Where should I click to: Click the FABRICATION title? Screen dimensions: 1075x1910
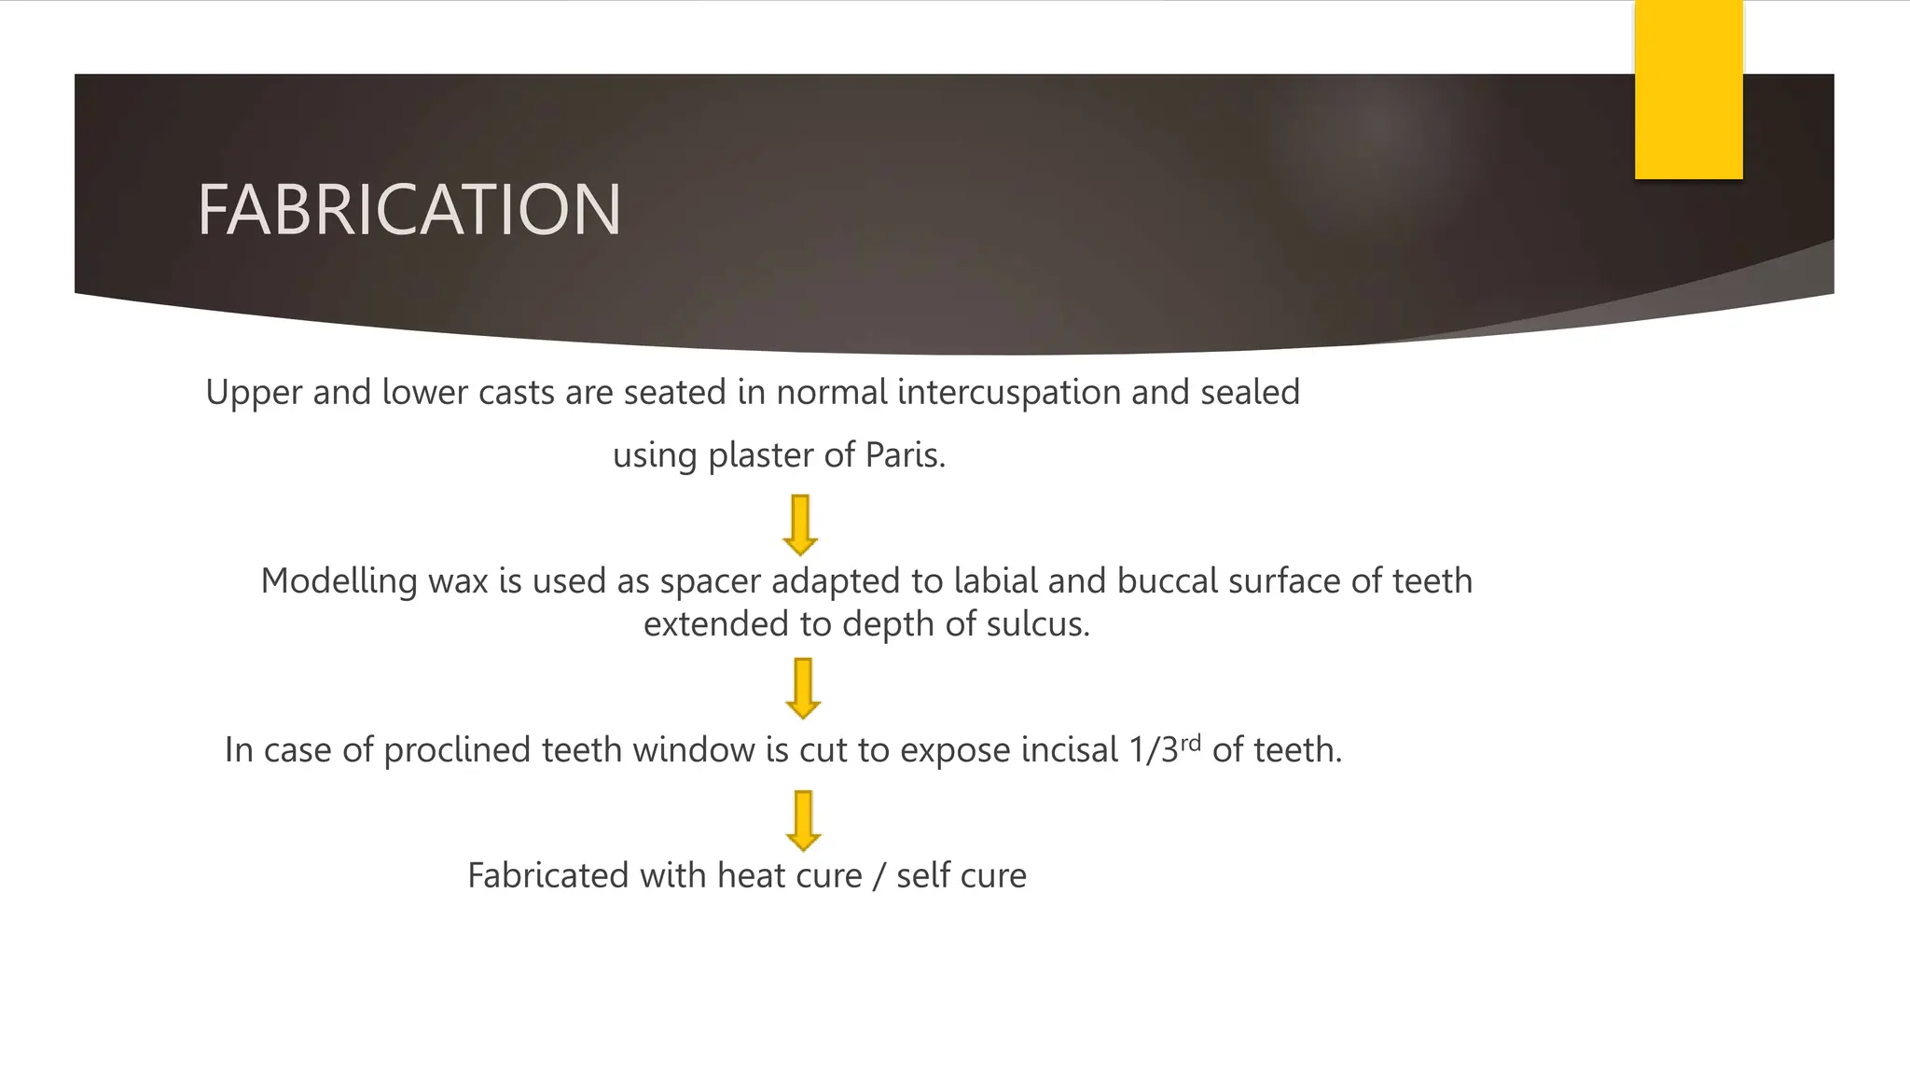[x=408, y=209]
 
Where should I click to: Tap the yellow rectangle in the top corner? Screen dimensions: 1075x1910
[x=1688, y=90]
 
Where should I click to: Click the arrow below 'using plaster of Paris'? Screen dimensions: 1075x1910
[x=800, y=525]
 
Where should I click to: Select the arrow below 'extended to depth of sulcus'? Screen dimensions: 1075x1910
[x=803, y=689]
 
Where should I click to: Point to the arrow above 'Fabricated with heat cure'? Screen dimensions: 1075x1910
[x=803, y=821]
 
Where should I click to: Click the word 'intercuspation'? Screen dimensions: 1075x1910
[x=1009, y=392]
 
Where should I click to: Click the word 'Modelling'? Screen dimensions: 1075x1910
[x=339, y=581]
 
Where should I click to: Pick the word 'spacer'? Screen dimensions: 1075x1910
[x=711, y=581]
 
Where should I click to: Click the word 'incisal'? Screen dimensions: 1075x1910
[x=1070, y=750]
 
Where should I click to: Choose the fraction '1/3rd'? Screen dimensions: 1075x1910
[x=1164, y=749]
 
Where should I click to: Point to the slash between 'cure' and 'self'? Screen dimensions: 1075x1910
[x=879, y=876]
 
